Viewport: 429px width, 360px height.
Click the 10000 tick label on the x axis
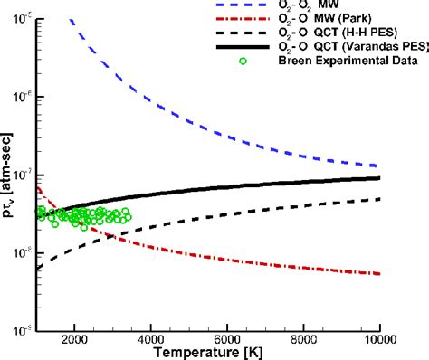379,338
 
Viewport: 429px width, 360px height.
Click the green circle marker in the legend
266,62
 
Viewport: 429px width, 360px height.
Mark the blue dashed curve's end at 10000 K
379,166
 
